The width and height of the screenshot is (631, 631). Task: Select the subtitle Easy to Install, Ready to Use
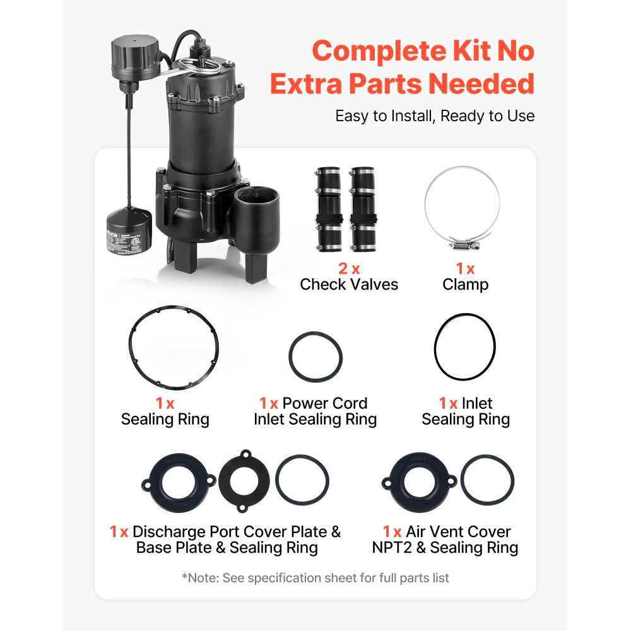(x=435, y=116)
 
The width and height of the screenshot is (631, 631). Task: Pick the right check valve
(x=363, y=208)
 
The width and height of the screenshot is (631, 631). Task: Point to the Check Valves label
(x=349, y=284)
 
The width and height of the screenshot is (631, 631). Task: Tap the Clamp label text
(x=465, y=284)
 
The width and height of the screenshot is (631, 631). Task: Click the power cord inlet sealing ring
(x=315, y=357)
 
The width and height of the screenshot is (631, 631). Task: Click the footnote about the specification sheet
(x=315, y=577)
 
